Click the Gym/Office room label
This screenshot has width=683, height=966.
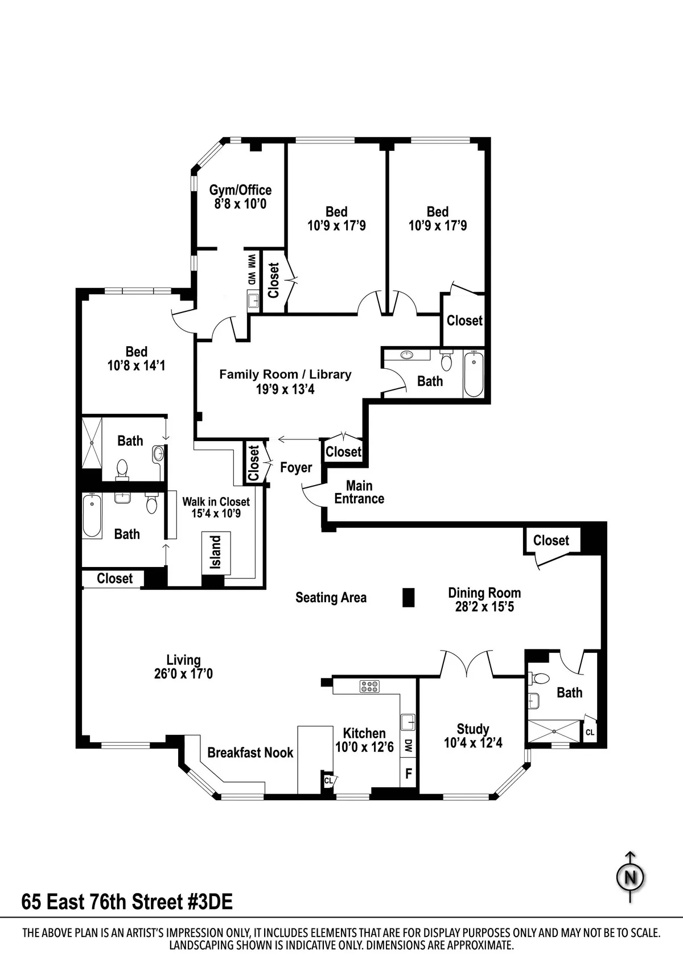(240, 190)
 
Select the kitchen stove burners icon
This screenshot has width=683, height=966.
(369, 687)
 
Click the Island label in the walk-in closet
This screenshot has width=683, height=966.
(216, 552)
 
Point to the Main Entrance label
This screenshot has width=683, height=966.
(359, 492)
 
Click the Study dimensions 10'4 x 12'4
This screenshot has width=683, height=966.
(473, 743)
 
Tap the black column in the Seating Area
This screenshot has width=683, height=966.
(408, 597)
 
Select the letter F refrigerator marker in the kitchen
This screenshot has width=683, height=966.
(408, 774)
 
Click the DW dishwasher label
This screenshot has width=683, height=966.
(408, 746)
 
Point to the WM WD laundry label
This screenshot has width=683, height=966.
(251, 269)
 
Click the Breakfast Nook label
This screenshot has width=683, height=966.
(250, 753)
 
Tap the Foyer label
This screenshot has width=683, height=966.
(296, 467)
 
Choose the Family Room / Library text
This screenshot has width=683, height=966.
(285, 375)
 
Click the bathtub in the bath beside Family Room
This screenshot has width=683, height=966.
(474, 375)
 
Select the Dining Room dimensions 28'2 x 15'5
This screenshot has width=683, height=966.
(484, 607)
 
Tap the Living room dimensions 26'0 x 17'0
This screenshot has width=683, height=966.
(183, 674)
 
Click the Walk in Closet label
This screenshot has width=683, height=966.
(216, 502)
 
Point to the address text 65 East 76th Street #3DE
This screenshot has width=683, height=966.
(127, 902)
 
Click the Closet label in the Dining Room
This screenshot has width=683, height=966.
(551, 540)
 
